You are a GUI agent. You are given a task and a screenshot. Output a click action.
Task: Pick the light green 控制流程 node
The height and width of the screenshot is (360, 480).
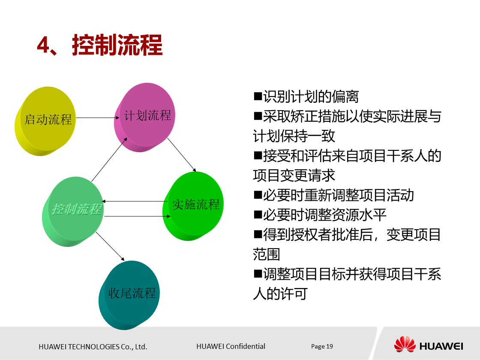(77, 210)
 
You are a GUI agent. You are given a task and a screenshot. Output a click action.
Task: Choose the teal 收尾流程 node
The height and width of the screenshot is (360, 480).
(132, 293)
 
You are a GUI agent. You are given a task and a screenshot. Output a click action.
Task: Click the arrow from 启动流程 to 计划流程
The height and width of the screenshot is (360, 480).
(98, 117)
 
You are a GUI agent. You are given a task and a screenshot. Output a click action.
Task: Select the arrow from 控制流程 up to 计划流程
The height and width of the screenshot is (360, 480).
(109, 159)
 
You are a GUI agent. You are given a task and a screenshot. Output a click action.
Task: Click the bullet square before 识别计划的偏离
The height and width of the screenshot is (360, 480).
(258, 96)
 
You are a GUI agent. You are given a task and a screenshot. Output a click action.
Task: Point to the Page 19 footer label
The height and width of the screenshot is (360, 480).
(322, 346)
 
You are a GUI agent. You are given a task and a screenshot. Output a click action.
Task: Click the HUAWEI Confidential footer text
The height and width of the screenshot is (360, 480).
(231, 346)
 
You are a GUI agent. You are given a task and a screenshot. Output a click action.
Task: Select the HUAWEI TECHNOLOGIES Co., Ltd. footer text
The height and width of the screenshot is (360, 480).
(93, 347)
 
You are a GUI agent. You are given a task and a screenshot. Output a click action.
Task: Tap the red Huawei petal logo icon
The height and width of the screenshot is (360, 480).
(405, 344)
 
